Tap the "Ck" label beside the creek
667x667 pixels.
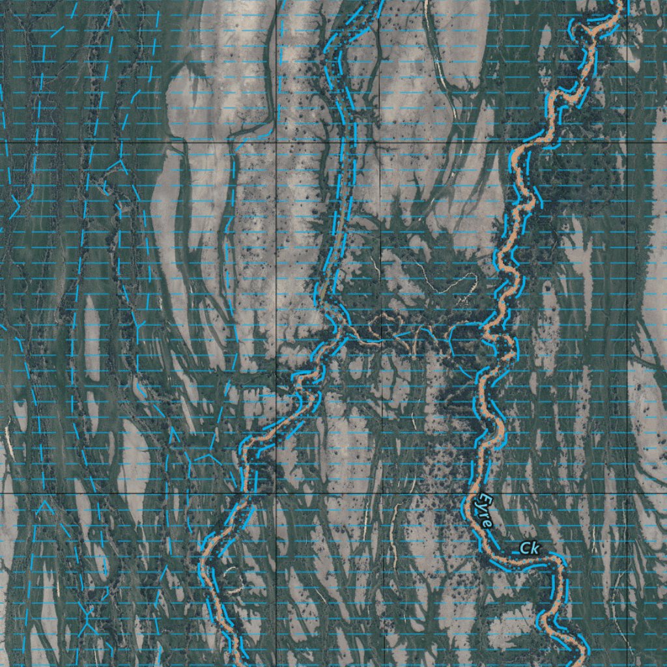530,549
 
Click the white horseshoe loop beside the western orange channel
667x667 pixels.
229,574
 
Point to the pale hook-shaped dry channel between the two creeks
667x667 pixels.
449,283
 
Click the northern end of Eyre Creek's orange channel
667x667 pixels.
617,3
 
